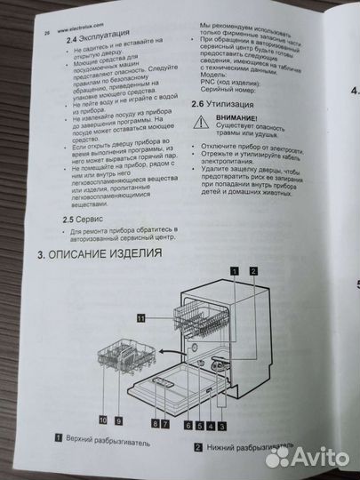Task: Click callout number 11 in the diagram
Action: pos(140,317)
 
